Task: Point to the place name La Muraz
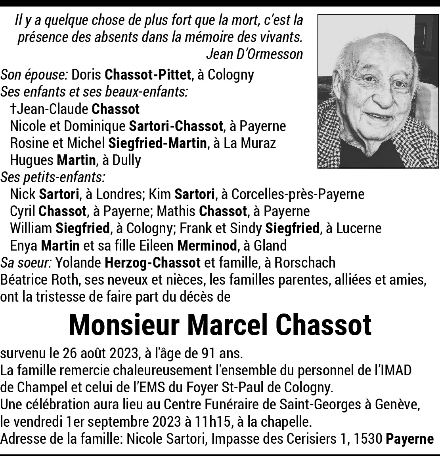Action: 250,143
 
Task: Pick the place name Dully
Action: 126,160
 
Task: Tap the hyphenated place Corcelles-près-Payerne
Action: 297,194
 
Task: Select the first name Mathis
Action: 176,211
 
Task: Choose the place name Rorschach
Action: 305,262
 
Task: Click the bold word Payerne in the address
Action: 410,439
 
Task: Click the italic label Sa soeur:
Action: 26,262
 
